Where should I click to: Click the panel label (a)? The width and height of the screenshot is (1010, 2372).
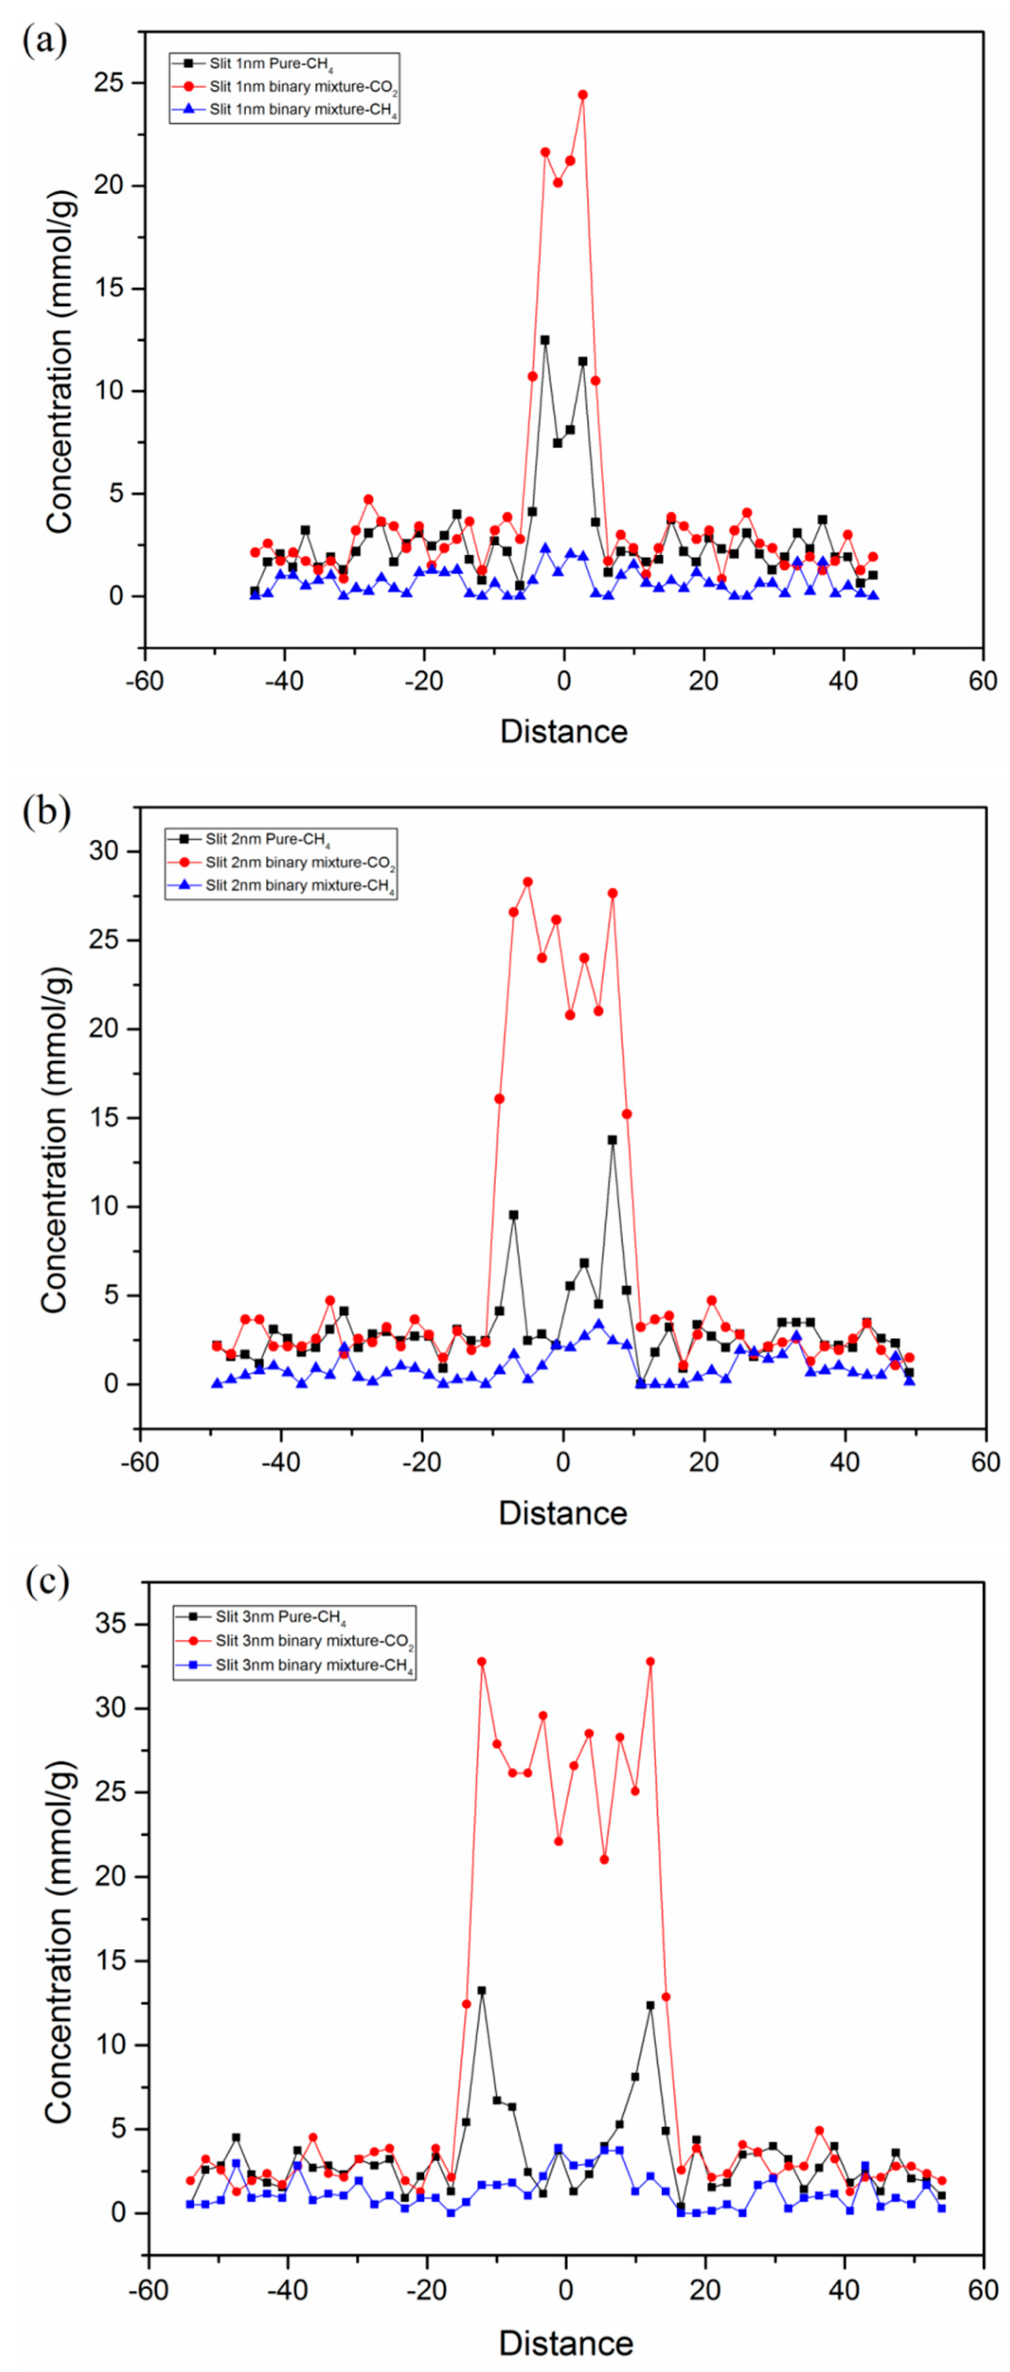44,42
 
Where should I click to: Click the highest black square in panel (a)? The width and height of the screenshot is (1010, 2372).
545,340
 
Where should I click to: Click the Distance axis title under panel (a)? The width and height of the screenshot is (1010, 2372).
563,731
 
